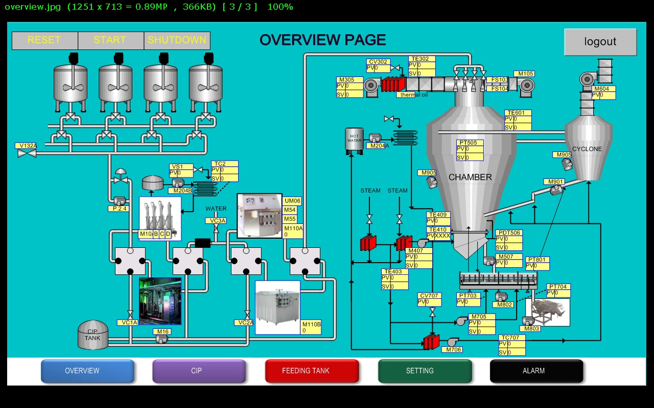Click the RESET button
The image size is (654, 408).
pyautogui.click(x=44, y=40)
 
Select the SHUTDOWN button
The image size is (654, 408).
pyautogui.click(x=177, y=40)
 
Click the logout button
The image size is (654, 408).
pyautogui.click(x=600, y=42)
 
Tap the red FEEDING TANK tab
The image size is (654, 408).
pyautogui.click(x=312, y=371)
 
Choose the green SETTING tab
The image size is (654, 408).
pyautogui.click(x=425, y=371)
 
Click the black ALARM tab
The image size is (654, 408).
pyautogui.click(x=536, y=371)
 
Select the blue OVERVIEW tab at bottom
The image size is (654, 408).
pyautogui.click(x=87, y=371)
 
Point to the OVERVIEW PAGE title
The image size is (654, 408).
pyautogui.click(x=322, y=40)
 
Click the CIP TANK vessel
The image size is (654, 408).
pyautogui.click(x=92, y=335)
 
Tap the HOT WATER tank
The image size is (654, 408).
pyautogui.click(x=354, y=139)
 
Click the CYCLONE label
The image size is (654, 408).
pyautogui.click(x=587, y=149)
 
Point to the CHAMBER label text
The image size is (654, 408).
pyautogui.click(x=470, y=177)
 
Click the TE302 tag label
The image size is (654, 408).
pyautogui.click(x=422, y=59)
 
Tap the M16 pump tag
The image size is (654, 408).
pyautogui.click(x=162, y=331)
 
